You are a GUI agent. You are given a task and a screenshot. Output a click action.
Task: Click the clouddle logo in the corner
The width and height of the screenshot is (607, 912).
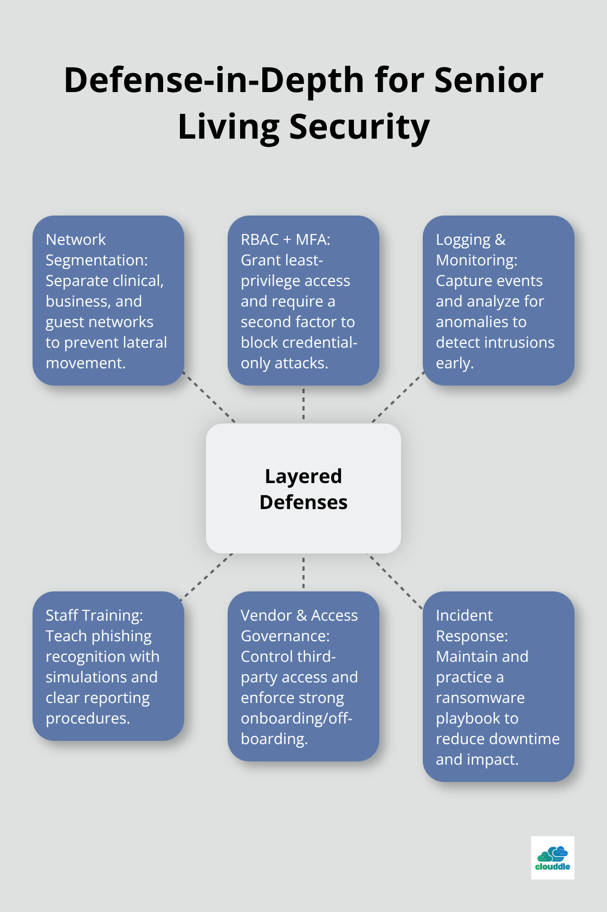(x=552, y=857)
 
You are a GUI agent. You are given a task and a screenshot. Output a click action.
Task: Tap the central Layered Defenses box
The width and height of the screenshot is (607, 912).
(x=303, y=488)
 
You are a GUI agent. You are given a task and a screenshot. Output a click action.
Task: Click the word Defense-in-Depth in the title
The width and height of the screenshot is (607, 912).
(x=214, y=80)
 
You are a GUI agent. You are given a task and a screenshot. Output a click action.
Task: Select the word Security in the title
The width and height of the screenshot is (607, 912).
(x=359, y=127)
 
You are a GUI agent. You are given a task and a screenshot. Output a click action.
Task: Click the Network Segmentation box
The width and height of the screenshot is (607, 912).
(x=108, y=301)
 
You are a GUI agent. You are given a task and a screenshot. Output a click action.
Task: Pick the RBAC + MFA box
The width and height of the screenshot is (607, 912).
(x=303, y=301)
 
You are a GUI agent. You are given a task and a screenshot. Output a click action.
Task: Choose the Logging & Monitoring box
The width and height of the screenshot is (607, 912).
(x=498, y=301)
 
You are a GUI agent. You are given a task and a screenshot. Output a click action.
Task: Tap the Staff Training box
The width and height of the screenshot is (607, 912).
(x=108, y=666)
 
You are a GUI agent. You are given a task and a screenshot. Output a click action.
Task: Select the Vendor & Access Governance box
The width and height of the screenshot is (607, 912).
(x=303, y=676)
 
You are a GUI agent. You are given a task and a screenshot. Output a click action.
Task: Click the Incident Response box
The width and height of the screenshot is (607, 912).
(x=498, y=686)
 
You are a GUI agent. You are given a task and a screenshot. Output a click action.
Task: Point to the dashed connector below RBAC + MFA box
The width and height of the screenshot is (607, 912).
(x=303, y=404)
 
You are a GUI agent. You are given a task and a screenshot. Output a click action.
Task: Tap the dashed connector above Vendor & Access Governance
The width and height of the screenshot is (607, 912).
(x=303, y=572)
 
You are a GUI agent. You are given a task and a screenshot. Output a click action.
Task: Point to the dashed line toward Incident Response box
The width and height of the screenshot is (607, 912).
(x=395, y=581)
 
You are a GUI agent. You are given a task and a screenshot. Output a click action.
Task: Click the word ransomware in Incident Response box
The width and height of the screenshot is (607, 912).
(x=480, y=698)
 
